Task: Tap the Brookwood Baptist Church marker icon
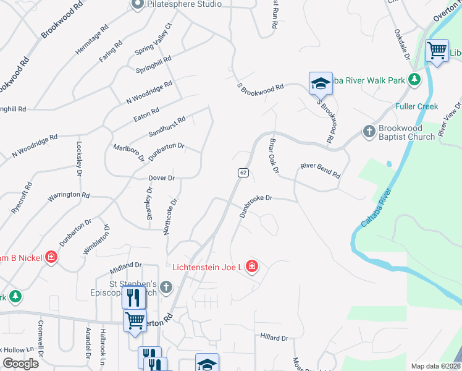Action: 369,131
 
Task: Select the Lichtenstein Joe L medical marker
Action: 251,267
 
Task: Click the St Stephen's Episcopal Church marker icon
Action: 166,287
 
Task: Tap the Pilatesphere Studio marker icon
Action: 137,4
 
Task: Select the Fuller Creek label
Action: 416,106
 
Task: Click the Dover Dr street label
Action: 162,178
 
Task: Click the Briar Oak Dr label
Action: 274,155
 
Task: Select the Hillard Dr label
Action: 274,338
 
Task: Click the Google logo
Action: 21,364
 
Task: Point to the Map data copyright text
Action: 435,366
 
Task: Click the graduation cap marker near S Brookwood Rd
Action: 321,83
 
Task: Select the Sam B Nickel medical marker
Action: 51,257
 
